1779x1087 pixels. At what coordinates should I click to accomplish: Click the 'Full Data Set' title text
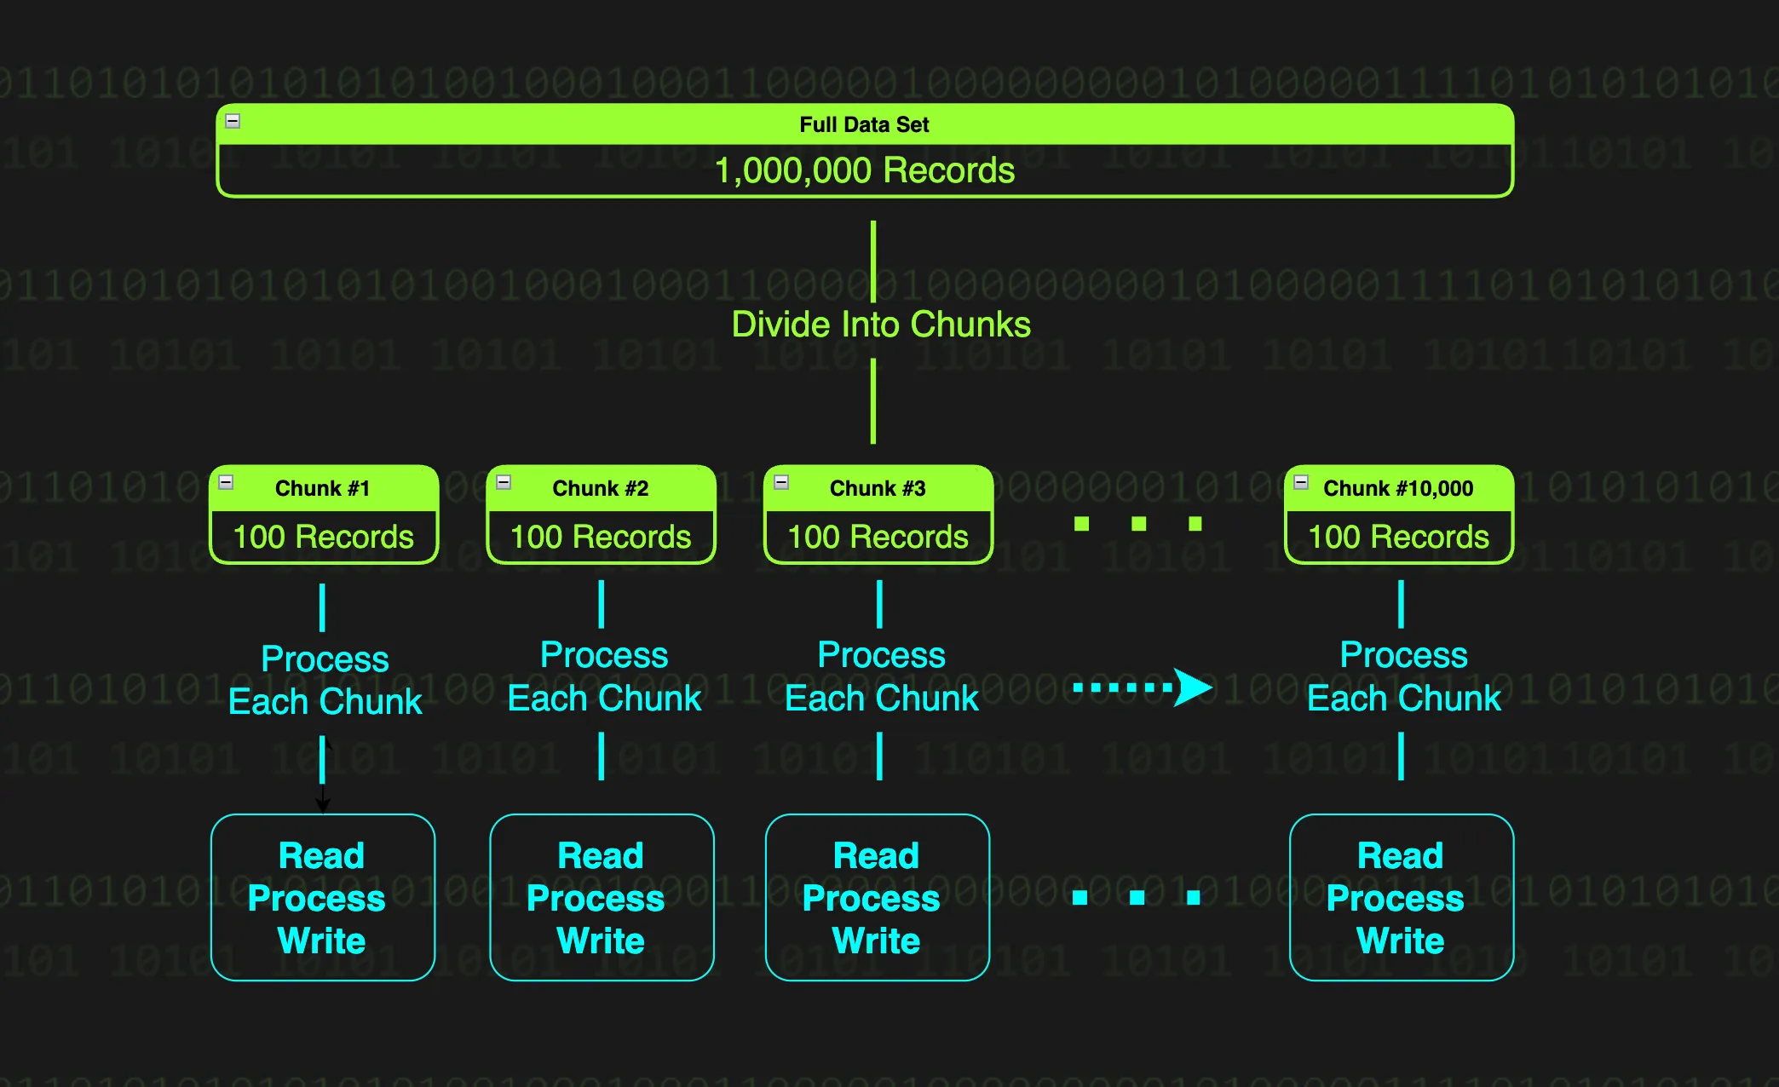(x=864, y=124)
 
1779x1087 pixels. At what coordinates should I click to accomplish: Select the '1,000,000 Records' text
(x=864, y=170)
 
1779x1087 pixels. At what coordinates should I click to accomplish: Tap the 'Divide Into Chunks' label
(x=881, y=325)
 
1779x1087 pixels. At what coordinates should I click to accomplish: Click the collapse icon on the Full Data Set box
(x=233, y=121)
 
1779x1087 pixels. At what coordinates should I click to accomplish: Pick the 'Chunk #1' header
(x=322, y=488)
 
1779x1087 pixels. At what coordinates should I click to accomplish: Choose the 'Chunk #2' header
(x=600, y=488)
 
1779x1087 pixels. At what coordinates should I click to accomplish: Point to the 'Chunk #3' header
(x=878, y=488)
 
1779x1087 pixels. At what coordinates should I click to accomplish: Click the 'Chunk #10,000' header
(x=1398, y=488)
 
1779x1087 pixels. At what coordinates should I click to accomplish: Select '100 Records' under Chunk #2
(x=601, y=537)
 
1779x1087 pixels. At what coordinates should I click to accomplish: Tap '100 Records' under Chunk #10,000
(x=1398, y=537)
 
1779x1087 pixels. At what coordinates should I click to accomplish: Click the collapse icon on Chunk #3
(x=781, y=482)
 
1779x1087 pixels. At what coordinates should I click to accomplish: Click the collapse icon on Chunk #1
(x=226, y=482)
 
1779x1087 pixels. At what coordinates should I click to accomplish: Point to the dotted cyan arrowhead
(x=1193, y=687)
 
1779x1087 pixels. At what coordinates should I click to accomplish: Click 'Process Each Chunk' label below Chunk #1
(x=325, y=680)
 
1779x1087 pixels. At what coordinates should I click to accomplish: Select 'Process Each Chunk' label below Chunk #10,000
(x=1403, y=676)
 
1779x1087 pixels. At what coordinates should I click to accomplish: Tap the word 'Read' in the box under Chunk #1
(x=321, y=855)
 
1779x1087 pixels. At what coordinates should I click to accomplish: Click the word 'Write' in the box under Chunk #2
(x=600, y=940)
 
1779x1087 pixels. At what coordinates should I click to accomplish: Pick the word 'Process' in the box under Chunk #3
(x=871, y=899)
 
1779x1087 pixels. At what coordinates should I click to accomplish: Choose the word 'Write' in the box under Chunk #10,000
(x=1400, y=940)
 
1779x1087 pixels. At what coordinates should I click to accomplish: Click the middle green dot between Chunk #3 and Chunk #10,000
(x=1138, y=523)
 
